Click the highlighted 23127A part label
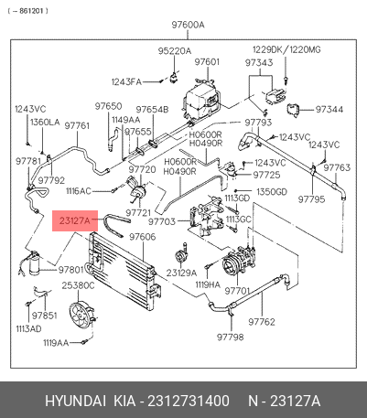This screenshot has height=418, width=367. [x=75, y=220]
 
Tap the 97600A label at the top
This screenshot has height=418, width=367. [x=188, y=25]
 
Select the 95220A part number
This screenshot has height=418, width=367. [x=175, y=51]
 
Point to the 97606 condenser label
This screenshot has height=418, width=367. [x=143, y=237]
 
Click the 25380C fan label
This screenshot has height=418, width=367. [x=78, y=285]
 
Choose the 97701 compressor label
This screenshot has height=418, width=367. [x=237, y=291]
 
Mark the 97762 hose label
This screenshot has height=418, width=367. [x=262, y=322]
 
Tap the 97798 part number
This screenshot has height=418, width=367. [x=231, y=337]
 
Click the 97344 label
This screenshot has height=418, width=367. [x=329, y=109]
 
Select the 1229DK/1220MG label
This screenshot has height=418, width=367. [x=286, y=49]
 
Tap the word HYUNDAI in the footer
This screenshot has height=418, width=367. [x=76, y=401]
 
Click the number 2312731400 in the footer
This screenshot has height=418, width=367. [x=189, y=401]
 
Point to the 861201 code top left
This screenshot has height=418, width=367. [x=27, y=11]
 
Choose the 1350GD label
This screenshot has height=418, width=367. [x=272, y=192]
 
